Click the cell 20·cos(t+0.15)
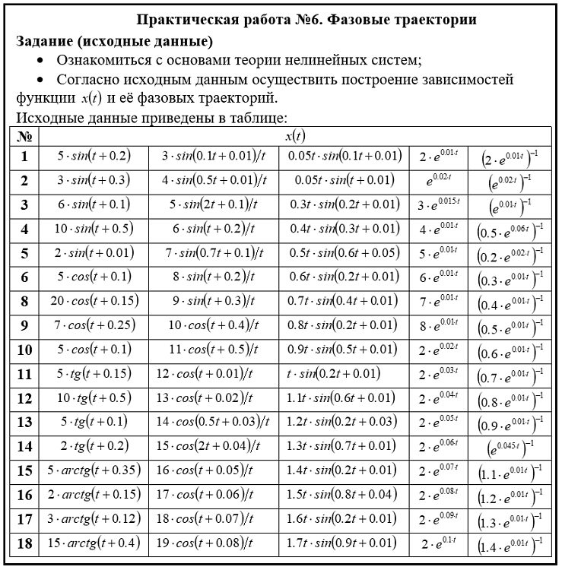tap(94, 301)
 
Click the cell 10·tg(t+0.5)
tap(94, 398)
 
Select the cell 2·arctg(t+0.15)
tap(94, 495)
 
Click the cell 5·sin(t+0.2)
tap(94, 156)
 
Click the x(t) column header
tap(294, 136)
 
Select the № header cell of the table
tap(25, 136)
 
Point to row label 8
tap(25, 301)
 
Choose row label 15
tap(25, 470)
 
